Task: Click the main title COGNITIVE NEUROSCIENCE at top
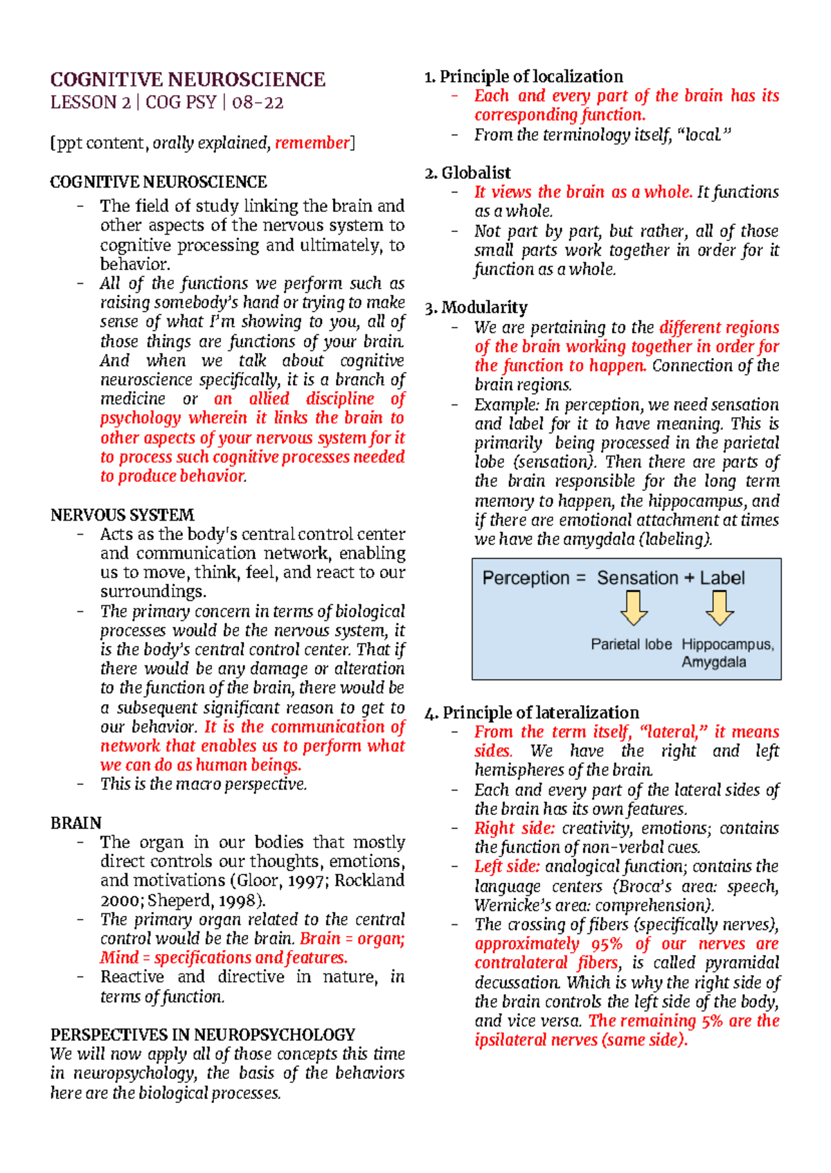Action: (x=188, y=80)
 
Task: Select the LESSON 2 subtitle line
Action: (x=167, y=102)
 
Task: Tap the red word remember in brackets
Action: (x=312, y=143)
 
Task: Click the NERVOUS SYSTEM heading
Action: (x=122, y=514)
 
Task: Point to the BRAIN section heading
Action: (x=75, y=823)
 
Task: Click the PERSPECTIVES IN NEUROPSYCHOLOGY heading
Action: (x=202, y=1035)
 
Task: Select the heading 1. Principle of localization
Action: (x=524, y=76)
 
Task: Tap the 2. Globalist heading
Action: (x=467, y=172)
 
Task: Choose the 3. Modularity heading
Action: (x=476, y=307)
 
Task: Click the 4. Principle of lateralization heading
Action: (x=531, y=713)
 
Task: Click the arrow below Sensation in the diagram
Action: (x=634, y=608)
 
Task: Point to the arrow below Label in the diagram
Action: (x=720, y=608)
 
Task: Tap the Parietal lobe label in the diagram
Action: (x=631, y=644)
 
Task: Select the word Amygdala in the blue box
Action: (x=713, y=662)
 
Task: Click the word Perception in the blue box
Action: (x=526, y=578)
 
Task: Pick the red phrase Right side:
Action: (x=515, y=828)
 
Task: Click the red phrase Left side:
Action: (x=507, y=866)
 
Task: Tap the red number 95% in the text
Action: (x=607, y=944)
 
